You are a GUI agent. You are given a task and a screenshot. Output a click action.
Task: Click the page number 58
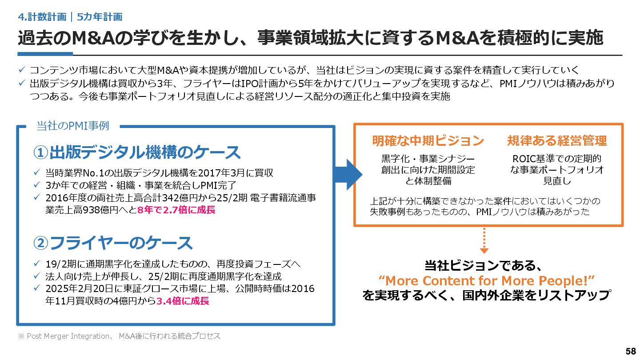[x=630, y=351]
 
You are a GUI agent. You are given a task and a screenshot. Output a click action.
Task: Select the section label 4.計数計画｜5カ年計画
[x=71, y=17]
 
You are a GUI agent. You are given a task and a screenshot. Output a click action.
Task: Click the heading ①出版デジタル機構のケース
[x=137, y=152]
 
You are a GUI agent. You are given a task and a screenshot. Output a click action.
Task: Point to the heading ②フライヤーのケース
[x=113, y=243]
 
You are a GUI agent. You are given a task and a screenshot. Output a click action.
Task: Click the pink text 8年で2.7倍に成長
[x=177, y=210]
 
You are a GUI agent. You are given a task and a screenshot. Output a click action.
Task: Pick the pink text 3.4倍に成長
[x=183, y=301]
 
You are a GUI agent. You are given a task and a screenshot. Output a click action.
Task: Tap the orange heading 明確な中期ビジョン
[x=428, y=141]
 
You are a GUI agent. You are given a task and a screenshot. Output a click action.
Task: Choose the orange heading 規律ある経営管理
[x=557, y=141]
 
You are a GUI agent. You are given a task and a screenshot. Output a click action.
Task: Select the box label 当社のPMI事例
[x=72, y=126]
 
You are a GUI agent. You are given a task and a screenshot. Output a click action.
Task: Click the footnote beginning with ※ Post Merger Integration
[x=119, y=336]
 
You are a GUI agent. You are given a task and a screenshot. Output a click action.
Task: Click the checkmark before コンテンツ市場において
[x=22, y=70]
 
